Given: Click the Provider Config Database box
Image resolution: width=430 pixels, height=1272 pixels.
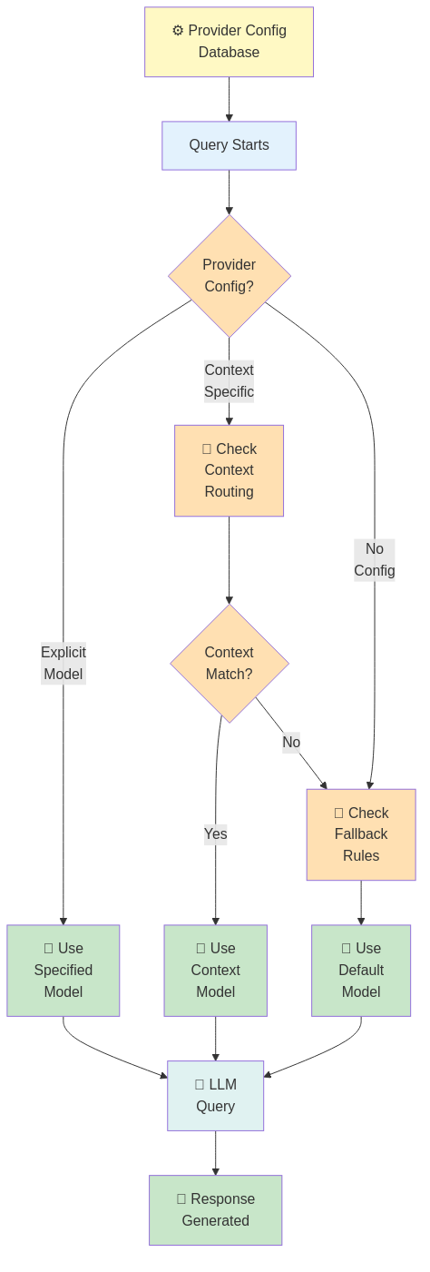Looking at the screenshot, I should tap(229, 42).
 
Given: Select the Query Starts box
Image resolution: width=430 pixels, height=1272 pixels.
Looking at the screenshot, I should tap(229, 145).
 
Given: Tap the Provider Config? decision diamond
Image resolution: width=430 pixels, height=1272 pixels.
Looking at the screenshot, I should tap(229, 275).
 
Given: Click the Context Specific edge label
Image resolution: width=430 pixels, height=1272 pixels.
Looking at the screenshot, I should tap(229, 380).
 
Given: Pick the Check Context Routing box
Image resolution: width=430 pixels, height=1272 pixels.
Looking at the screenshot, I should tap(229, 470).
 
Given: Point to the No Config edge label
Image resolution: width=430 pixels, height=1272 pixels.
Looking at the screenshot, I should tap(374, 559).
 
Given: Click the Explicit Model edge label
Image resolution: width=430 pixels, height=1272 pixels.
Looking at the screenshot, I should tap(64, 663).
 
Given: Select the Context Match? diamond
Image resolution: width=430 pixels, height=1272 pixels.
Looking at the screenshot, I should tap(229, 664).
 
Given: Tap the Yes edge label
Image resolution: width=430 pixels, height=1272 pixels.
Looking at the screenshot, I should tap(215, 833).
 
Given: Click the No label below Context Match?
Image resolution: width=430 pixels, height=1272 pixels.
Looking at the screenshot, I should tap(290, 742).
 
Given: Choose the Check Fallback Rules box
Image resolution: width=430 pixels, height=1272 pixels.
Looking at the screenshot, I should tap(360, 834).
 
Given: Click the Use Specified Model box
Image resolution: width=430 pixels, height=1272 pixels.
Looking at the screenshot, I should tap(64, 970).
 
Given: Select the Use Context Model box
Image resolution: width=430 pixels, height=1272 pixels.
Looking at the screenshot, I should tap(215, 970).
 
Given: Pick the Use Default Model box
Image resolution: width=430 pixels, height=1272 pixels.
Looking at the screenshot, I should tap(360, 970).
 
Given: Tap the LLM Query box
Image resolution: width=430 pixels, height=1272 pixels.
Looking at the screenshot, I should tap(215, 1095).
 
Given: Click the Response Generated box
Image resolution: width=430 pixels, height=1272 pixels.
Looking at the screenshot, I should tap(215, 1209).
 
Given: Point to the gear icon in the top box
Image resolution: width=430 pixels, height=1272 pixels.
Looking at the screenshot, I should tap(178, 31).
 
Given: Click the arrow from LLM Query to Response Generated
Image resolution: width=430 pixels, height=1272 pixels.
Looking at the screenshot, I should tap(215, 1153).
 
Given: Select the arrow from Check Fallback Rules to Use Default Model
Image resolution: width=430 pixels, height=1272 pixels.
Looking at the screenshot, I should tap(360, 903).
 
